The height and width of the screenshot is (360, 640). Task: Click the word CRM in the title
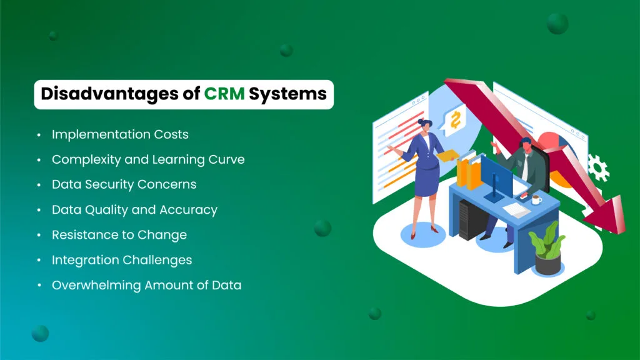(224, 94)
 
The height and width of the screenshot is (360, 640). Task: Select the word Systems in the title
(287, 94)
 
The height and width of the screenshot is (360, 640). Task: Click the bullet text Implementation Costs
(120, 134)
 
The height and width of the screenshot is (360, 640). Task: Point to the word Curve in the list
(226, 159)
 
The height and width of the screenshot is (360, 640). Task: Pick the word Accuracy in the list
(188, 210)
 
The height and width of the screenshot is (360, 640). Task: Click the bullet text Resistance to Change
(119, 235)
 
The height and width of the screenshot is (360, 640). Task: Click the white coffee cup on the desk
(536, 199)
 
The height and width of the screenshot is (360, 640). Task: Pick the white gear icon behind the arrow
(597, 167)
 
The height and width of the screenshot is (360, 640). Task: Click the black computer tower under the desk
(467, 222)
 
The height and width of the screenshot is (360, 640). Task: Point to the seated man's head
(525, 144)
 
